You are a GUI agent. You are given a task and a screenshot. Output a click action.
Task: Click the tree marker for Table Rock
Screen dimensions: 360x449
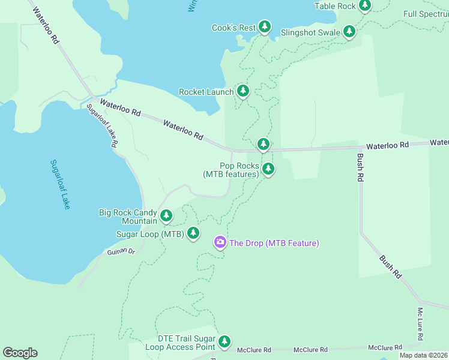click(x=364, y=5)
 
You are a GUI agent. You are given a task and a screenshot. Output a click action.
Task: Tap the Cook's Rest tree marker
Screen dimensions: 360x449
click(x=265, y=26)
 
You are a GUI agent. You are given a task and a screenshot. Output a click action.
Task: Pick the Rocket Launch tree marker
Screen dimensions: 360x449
click(x=243, y=91)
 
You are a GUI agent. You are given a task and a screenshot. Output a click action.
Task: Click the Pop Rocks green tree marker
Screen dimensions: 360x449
click(x=268, y=169)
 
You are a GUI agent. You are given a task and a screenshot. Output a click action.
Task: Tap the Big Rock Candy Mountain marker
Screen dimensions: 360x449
click(x=166, y=215)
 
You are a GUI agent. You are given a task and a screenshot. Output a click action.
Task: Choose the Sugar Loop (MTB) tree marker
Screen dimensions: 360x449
click(x=193, y=233)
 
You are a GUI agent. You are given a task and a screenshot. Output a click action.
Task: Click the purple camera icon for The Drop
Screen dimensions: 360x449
click(x=220, y=242)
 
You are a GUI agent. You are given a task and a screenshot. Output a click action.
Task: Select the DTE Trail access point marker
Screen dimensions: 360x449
click(x=224, y=342)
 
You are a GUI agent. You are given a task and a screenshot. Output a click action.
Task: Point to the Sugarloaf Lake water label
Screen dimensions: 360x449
click(x=60, y=184)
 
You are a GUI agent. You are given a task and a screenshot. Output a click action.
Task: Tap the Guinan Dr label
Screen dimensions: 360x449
click(x=122, y=251)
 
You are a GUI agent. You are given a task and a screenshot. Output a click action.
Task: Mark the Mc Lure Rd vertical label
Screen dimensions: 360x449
click(x=420, y=323)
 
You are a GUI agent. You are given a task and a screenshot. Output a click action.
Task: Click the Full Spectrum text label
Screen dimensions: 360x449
click(x=426, y=14)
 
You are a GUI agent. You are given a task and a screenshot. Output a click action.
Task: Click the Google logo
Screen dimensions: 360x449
click(x=20, y=353)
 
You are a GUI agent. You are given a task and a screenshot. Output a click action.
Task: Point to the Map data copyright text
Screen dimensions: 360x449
click(x=423, y=355)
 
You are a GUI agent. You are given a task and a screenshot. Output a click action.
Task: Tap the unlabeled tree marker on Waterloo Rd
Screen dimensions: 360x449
click(x=263, y=144)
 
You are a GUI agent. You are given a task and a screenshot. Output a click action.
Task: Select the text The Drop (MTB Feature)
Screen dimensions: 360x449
click(x=274, y=243)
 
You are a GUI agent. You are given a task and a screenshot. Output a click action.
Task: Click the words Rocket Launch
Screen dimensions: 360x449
click(x=206, y=92)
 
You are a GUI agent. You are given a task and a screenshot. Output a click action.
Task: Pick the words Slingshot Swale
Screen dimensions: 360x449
click(x=310, y=32)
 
